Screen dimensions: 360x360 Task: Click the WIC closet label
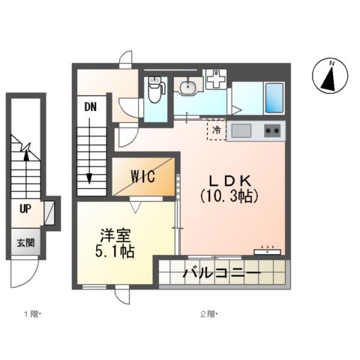pos(142,177)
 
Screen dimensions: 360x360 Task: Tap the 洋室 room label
pos(115,234)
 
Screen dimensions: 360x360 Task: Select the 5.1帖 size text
pos(115,251)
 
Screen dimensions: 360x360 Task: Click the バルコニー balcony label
pos(221,274)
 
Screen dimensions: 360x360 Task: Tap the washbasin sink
pos(187,88)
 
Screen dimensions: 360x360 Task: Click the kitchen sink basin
pos(241,132)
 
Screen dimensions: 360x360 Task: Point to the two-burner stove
pos(271,132)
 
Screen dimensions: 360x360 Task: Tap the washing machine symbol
pos(216,79)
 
